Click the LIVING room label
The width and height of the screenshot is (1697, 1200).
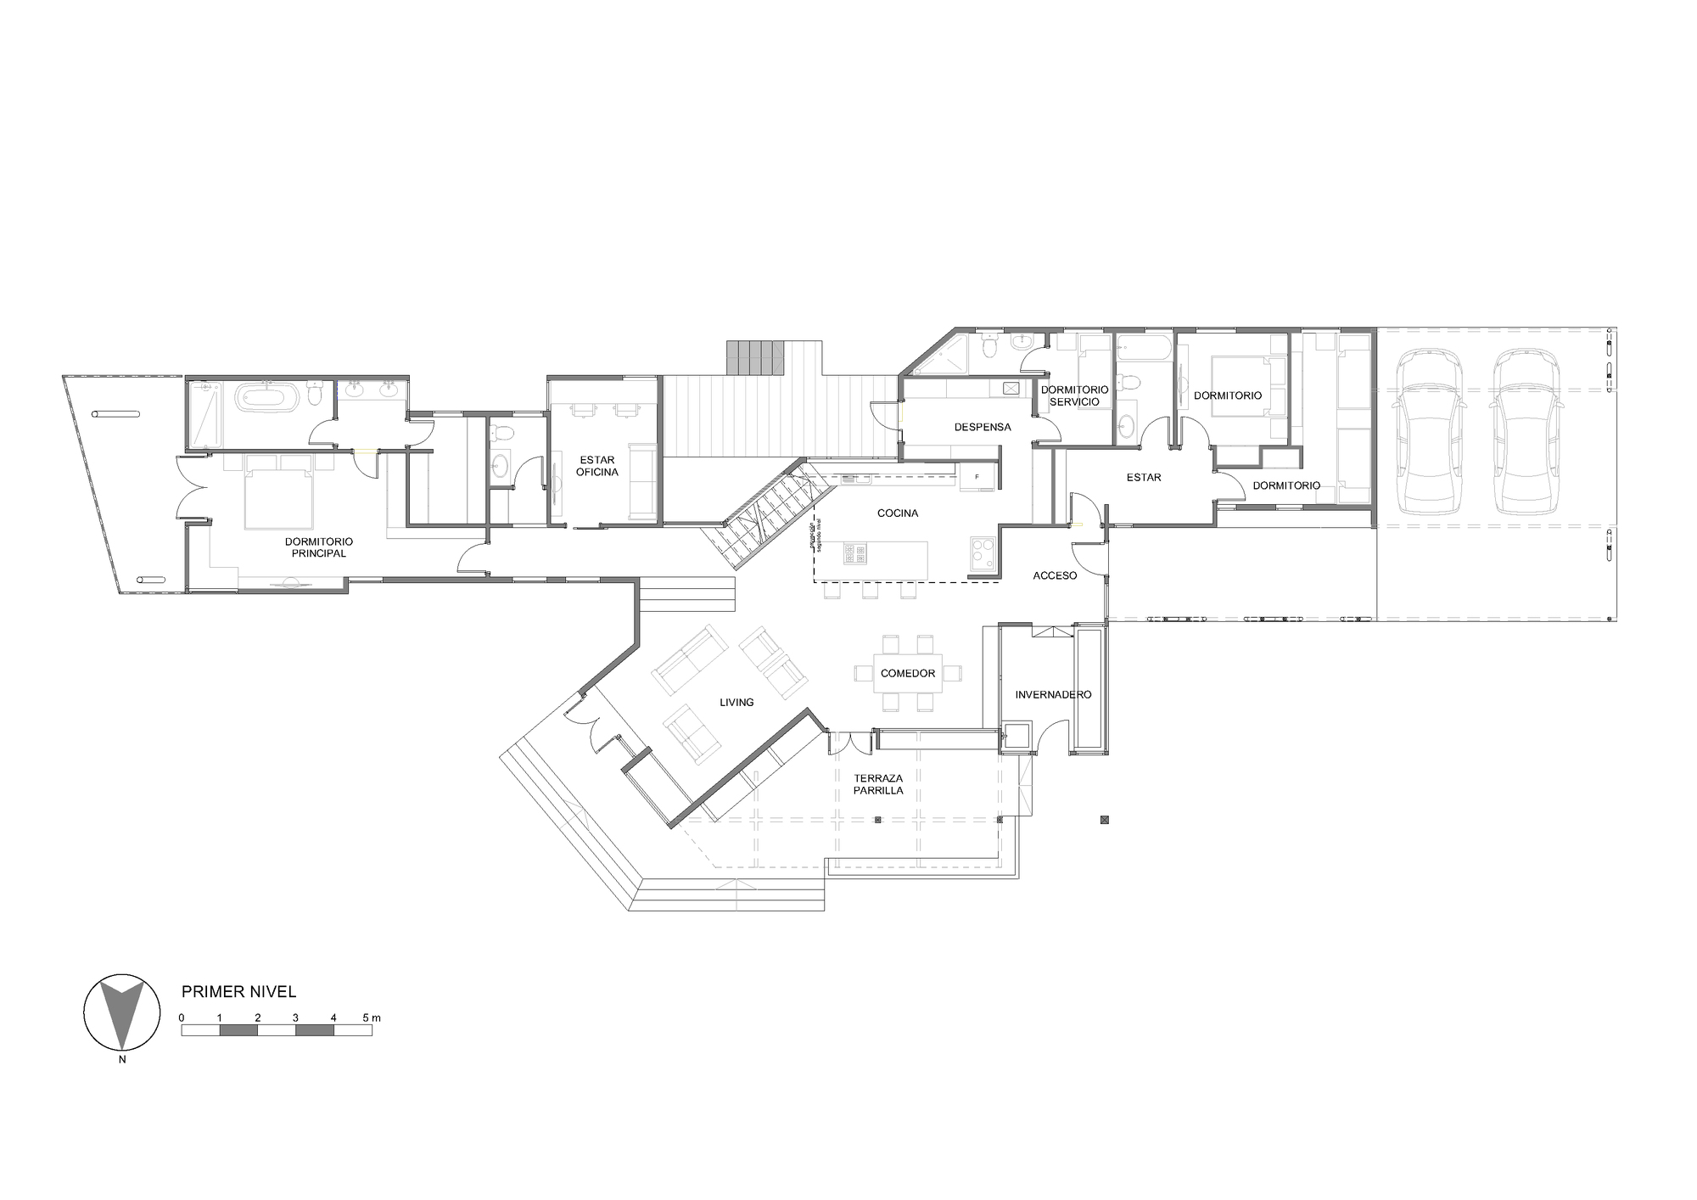[736, 702]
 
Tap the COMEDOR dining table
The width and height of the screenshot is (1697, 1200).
[908, 673]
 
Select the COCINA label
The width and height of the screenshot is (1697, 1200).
[898, 513]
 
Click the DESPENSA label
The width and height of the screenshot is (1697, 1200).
[983, 427]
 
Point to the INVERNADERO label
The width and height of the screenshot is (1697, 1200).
[1053, 694]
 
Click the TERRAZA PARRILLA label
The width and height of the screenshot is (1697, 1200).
[878, 784]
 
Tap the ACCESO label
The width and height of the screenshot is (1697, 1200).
[1055, 575]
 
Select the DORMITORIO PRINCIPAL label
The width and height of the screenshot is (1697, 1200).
[319, 547]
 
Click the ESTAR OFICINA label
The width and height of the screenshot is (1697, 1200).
[597, 466]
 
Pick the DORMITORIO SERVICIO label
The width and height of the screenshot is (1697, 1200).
[1074, 395]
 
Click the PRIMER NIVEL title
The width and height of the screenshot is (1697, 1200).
[239, 991]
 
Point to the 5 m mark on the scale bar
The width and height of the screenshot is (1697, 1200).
[372, 1018]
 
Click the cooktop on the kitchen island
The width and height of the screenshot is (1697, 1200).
[855, 554]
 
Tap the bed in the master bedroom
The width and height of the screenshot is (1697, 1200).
[278, 491]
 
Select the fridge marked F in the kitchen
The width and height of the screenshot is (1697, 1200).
[977, 478]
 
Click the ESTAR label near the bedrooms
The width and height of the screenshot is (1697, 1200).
[1143, 477]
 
